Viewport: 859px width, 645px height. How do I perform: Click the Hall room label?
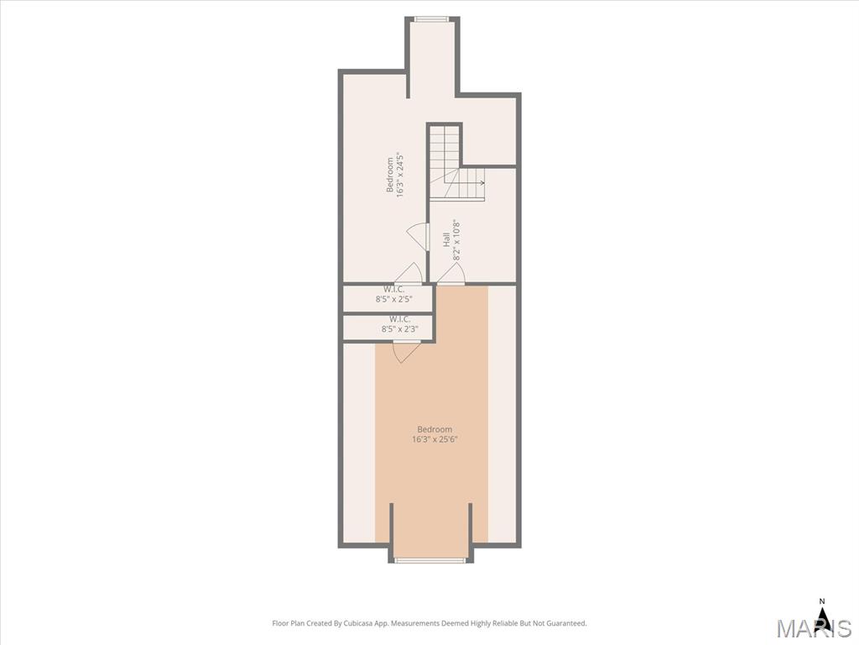click(x=446, y=239)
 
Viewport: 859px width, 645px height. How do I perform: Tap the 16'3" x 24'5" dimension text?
click(x=400, y=175)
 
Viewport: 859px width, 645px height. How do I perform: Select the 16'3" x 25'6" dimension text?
click(x=435, y=439)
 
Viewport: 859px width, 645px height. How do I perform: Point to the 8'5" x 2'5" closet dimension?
click(x=394, y=300)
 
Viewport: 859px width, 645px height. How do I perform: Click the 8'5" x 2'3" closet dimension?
click(x=400, y=329)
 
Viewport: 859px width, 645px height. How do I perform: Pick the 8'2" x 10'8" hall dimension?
click(x=456, y=239)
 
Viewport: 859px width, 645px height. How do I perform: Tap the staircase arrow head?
click(x=482, y=183)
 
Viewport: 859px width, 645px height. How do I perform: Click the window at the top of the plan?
click(x=432, y=19)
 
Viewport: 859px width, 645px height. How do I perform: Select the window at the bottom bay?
click(x=430, y=560)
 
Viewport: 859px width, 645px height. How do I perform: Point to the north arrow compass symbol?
click(x=822, y=621)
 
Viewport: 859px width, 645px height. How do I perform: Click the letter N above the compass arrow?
click(x=822, y=601)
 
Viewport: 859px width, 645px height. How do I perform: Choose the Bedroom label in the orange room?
click(x=435, y=429)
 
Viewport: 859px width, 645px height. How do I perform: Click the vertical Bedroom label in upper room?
click(x=390, y=175)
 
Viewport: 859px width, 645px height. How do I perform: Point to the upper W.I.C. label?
click(x=394, y=289)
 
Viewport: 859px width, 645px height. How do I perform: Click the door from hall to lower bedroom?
click(x=450, y=275)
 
